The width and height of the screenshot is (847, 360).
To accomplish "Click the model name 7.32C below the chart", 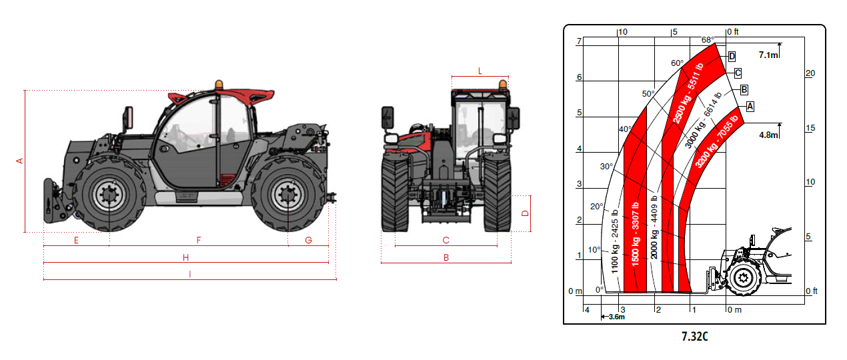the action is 695,336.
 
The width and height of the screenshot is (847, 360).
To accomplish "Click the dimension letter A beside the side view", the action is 19,161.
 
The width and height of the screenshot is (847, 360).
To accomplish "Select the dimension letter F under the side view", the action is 199,240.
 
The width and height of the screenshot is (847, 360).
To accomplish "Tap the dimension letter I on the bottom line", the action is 190,274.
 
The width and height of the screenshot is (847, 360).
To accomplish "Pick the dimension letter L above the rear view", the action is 480,71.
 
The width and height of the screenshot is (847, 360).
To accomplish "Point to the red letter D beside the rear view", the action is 526,213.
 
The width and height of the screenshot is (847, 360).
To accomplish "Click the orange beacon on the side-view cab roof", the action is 219,85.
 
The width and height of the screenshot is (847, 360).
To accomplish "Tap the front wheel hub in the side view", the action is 109,195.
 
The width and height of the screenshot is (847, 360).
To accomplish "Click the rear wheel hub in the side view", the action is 287,195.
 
